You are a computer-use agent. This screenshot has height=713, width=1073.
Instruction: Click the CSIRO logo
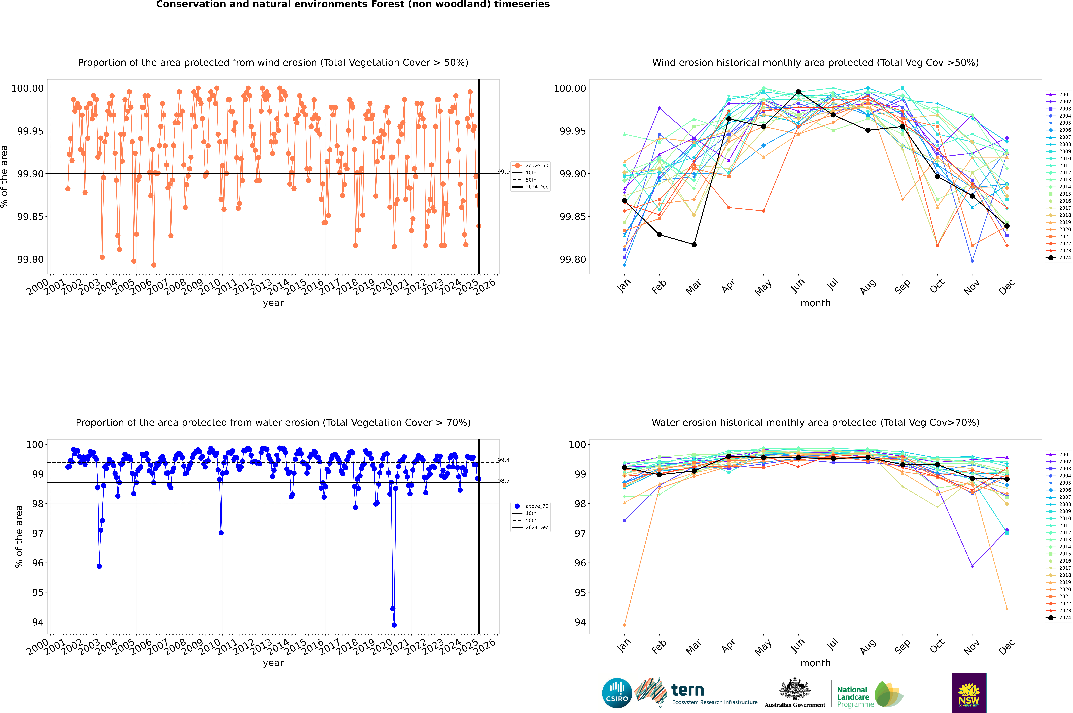pos(617,693)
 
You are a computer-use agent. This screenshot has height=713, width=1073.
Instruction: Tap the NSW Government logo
pos(969,693)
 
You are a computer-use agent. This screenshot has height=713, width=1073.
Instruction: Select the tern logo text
pos(688,690)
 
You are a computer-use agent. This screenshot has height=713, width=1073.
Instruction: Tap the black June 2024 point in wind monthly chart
pos(798,92)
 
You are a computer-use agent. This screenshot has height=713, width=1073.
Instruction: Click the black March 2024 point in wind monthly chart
pos(694,245)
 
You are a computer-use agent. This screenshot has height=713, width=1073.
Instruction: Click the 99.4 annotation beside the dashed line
pos(504,460)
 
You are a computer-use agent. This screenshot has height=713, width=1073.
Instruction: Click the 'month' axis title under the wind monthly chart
pos(816,303)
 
